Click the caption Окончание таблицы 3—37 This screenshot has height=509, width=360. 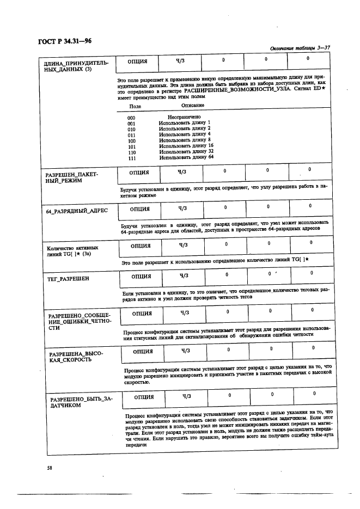click(300, 48)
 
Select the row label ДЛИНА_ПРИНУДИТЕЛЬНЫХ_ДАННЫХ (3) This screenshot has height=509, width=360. click(76, 66)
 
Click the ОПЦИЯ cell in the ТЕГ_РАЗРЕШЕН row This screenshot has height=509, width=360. click(141, 276)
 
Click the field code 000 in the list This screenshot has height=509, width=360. click(131, 117)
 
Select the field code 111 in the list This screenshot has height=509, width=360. click(131, 158)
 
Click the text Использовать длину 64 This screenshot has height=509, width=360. click(186, 157)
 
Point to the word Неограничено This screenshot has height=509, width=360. click(184, 117)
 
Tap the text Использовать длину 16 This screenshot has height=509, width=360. click(186, 146)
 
